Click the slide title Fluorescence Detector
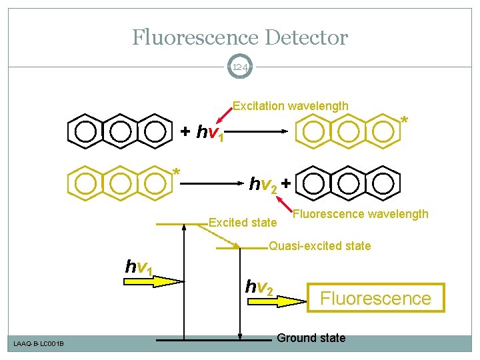tap(239, 37)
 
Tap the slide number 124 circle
tap(239, 67)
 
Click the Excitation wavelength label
tap(290, 105)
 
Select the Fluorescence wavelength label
tap(361, 214)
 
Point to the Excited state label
tap(242, 222)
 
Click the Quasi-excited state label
tap(319, 246)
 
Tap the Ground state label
tap(311, 338)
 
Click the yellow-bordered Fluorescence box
tap(375, 297)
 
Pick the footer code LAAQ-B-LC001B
tap(39, 343)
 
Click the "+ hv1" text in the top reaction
tap(206, 133)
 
